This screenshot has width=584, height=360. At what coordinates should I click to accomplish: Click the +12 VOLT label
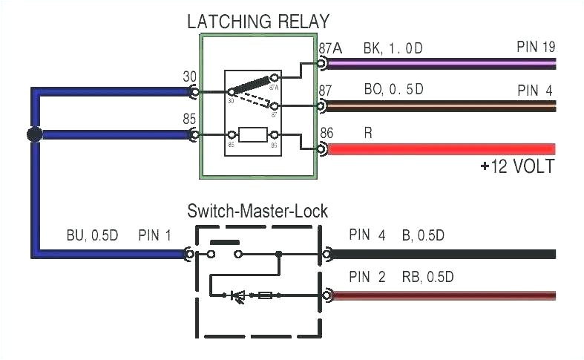[x=516, y=166]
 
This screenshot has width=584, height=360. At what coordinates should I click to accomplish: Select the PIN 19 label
[x=535, y=48]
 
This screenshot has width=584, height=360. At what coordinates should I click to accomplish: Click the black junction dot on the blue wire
[x=33, y=135]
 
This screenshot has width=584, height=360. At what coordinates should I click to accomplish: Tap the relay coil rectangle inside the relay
[x=254, y=135]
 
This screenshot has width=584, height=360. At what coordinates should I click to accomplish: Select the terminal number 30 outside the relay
[x=189, y=76]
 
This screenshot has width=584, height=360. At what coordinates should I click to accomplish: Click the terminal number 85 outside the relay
[x=189, y=118]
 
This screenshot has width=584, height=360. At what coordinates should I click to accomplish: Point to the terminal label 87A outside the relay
[x=330, y=48]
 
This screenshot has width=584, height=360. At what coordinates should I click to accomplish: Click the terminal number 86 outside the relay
[x=327, y=133]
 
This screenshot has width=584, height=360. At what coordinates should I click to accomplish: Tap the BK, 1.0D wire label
[x=393, y=48]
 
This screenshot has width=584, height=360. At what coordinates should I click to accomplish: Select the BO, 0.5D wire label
[x=393, y=90]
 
